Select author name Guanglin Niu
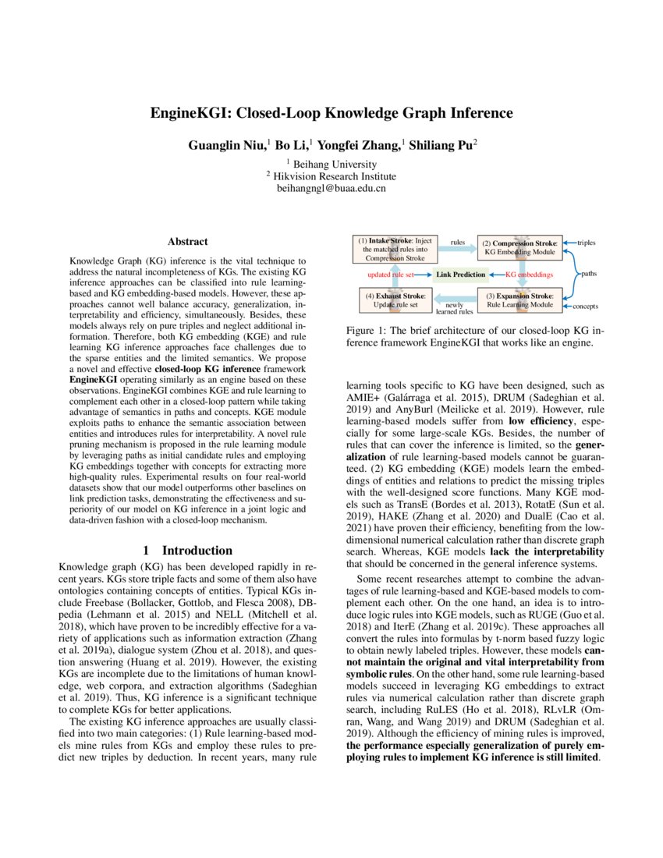coord(226,146)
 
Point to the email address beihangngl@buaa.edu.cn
coord(331,188)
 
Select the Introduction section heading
coord(186,550)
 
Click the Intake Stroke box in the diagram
coord(395,250)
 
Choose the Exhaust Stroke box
coord(395,300)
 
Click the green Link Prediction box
coord(460,275)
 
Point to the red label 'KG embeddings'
coord(530,275)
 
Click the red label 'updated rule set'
coord(390,275)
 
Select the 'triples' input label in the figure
coord(586,243)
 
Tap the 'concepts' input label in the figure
coord(587,306)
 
